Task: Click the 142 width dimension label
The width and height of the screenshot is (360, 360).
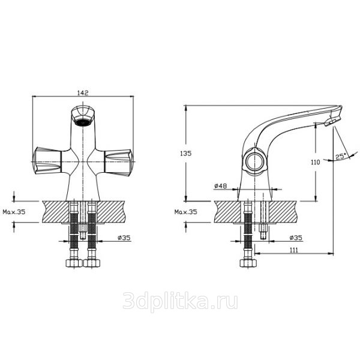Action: coord(83,93)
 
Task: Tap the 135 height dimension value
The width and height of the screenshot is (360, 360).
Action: coord(186,154)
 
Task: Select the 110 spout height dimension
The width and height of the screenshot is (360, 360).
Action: coord(315,163)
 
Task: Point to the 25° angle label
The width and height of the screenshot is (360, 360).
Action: coord(340,157)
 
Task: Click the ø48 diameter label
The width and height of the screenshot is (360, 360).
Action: coord(220,186)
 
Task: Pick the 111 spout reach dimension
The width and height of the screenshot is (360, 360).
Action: coord(293,250)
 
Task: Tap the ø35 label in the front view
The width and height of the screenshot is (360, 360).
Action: coord(124,238)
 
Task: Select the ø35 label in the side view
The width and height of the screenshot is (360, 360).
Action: coord(296,238)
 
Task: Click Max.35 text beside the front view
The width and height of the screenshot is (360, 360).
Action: coord(14,212)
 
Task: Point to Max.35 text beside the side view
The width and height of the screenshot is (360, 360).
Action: coord(186,212)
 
